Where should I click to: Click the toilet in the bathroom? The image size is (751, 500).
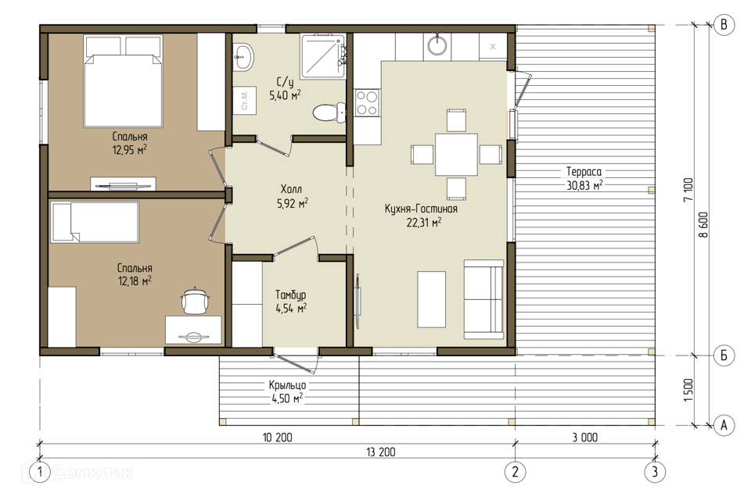point(329,112)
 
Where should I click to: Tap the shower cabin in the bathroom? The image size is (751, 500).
point(323,56)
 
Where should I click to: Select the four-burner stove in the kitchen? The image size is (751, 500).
point(367,103)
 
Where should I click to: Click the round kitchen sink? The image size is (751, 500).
point(437,45)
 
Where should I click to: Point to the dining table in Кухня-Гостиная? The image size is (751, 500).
point(456,155)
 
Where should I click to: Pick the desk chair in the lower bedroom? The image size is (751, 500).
point(196,300)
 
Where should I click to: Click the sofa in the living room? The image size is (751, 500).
point(483,299)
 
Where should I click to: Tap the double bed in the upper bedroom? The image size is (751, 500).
point(123,81)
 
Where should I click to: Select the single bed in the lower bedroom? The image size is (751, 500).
point(95,222)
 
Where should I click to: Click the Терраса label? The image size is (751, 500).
point(584,171)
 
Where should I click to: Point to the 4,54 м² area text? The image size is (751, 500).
point(291,308)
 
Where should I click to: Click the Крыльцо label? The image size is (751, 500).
point(287,384)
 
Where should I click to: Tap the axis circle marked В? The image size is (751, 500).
point(724,24)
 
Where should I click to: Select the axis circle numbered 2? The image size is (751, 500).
point(516,472)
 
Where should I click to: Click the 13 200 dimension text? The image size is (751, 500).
point(381,452)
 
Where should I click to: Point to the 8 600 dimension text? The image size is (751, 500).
point(702,225)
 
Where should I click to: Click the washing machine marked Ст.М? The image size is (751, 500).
point(244,100)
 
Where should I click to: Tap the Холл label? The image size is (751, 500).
point(291,189)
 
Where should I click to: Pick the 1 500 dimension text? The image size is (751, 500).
point(688,390)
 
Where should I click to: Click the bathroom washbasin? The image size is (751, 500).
point(243,57)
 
